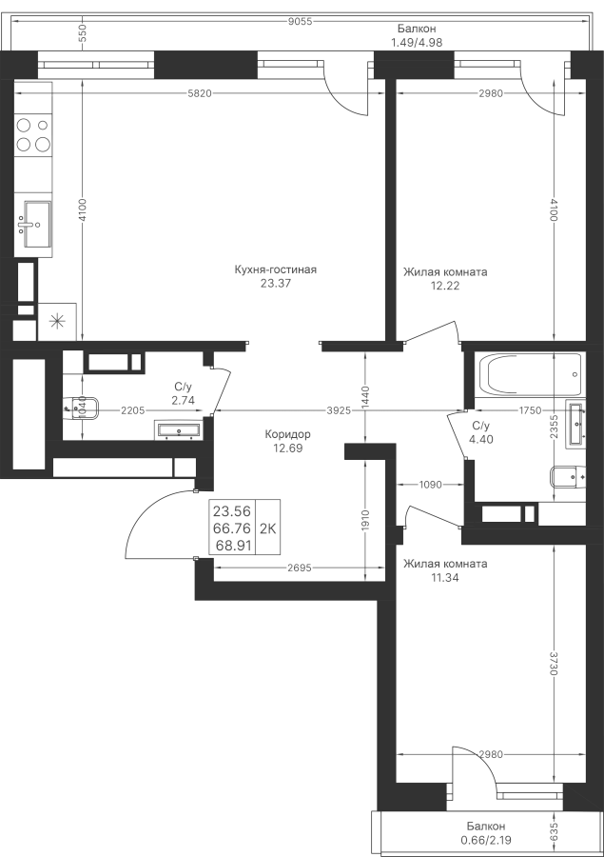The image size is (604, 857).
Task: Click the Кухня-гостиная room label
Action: pyautogui.click(x=275, y=270)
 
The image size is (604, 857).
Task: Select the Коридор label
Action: pyautogui.click(x=287, y=434)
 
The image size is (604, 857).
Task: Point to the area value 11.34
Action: pyautogui.click(x=419, y=577)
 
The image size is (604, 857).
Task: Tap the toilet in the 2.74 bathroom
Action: pyautogui.click(x=80, y=409)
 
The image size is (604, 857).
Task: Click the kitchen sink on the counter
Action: pyautogui.click(x=35, y=223)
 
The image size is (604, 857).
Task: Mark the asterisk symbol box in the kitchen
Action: pyautogui.click(x=57, y=320)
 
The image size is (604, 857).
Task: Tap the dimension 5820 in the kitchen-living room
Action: pyautogui.click(x=198, y=92)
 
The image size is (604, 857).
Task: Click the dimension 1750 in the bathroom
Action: pyautogui.click(x=530, y=410)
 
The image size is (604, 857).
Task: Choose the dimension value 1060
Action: pyautogui.click(x=431, y=484)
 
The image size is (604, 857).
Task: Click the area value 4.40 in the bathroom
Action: pyautogui.click(x=481, y=439)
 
